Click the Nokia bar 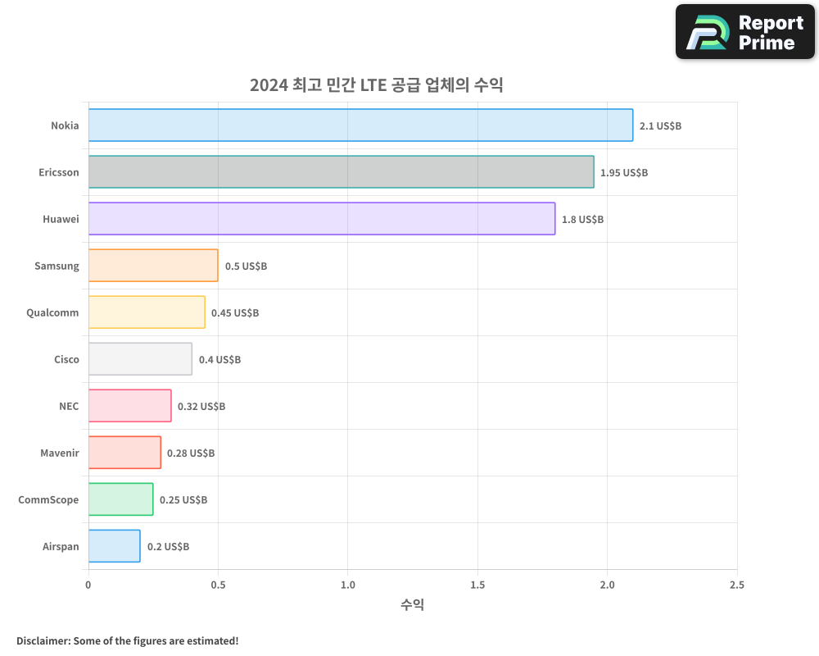360,125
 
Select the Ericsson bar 341,172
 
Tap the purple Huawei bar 321,219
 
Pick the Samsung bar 153,266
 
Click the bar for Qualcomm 147,312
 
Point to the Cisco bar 140,359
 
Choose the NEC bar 129,406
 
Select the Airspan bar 114,546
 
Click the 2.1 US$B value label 660,126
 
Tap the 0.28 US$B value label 191,453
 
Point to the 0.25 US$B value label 183,500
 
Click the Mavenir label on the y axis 60,453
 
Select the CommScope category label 49,499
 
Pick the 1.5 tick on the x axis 477,585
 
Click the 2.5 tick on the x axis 736,585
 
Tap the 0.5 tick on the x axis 218,585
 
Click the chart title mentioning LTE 376,85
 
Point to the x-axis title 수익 413,605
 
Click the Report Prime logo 745,32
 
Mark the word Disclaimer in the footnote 43,640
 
